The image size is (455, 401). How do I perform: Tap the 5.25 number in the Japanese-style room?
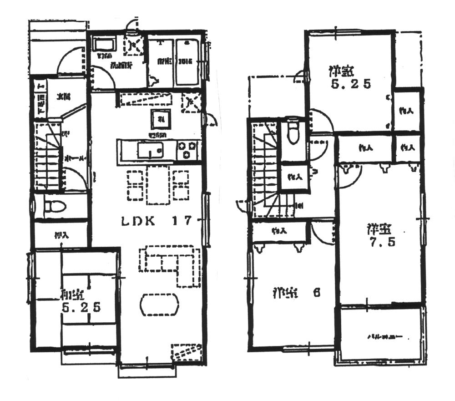point(81,308)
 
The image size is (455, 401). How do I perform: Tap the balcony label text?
point(385,337)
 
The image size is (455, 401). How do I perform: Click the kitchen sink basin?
point(151,150)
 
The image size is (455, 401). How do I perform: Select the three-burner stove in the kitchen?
point(187,150)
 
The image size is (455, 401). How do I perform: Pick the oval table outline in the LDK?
point(160,304)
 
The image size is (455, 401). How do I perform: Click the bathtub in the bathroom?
point(187,62)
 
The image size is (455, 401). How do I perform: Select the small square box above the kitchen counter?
point(161,120)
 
